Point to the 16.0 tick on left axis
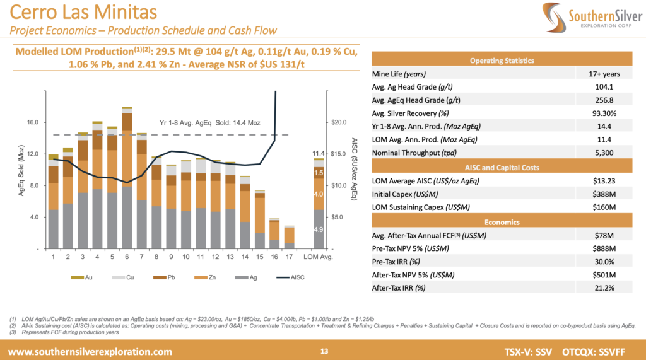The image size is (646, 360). point(31,122)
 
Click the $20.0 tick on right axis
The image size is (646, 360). point(339,122)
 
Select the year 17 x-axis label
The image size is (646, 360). point(289,257)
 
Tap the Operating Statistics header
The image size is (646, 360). point(502,61)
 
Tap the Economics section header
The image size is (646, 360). point(502,221)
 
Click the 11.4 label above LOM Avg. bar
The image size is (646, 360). point(319,153)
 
